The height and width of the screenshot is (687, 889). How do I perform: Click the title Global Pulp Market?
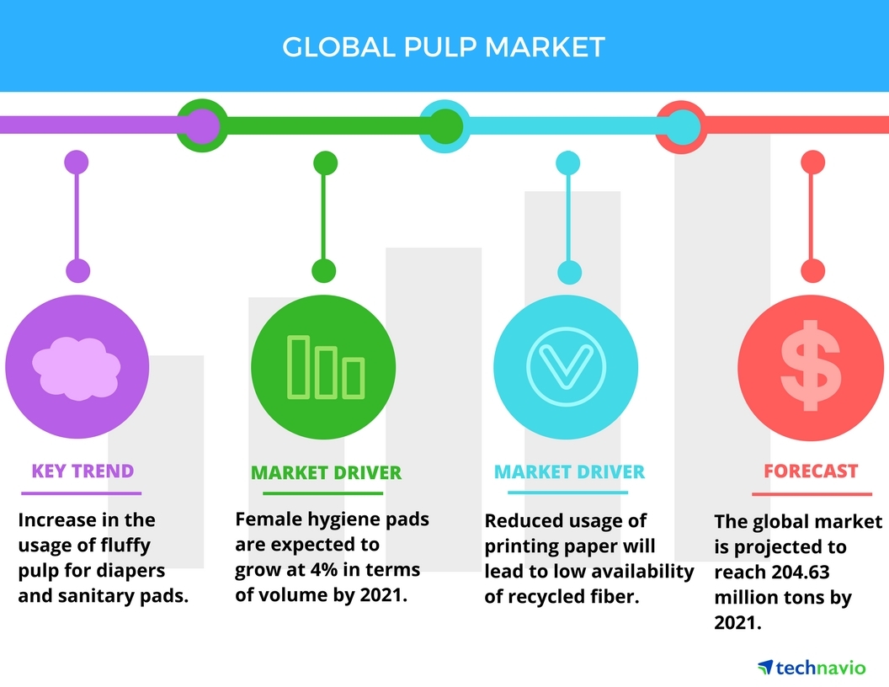[x=444, y=46]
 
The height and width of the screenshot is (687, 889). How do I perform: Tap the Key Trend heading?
[x=83, y=471]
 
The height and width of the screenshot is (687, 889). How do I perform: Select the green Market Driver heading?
[x=326, y=472]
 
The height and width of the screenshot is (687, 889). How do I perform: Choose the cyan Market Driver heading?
[x=569, y=471]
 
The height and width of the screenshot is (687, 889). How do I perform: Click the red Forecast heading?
[x=811, y=471]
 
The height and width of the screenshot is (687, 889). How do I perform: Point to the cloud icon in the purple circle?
[x=76, y=368]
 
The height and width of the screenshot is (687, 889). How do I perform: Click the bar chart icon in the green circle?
[x=325, y=366]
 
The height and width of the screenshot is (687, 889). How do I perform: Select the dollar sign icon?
[x=810, y=368]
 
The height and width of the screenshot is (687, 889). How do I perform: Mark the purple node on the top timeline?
[x=200, y=126]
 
